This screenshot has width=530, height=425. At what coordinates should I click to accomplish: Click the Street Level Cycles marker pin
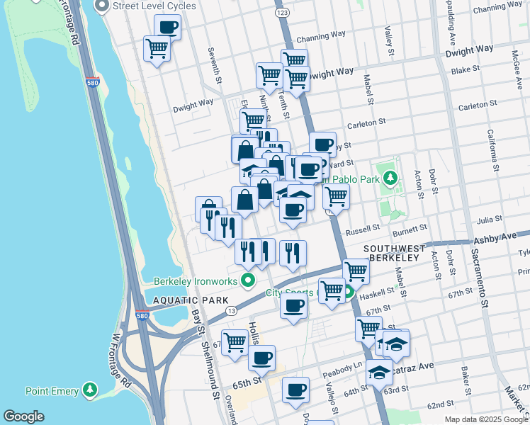tap(102, 7)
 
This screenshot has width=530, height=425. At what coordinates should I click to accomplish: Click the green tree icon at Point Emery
tap(89, 390)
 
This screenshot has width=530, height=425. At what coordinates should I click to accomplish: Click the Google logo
tap(24, 416)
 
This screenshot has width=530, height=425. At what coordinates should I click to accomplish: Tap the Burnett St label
tap(412, 228)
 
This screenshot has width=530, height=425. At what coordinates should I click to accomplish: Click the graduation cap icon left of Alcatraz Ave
tap(379, 371)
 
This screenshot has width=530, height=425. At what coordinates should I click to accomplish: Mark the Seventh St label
tap(211, 63)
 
